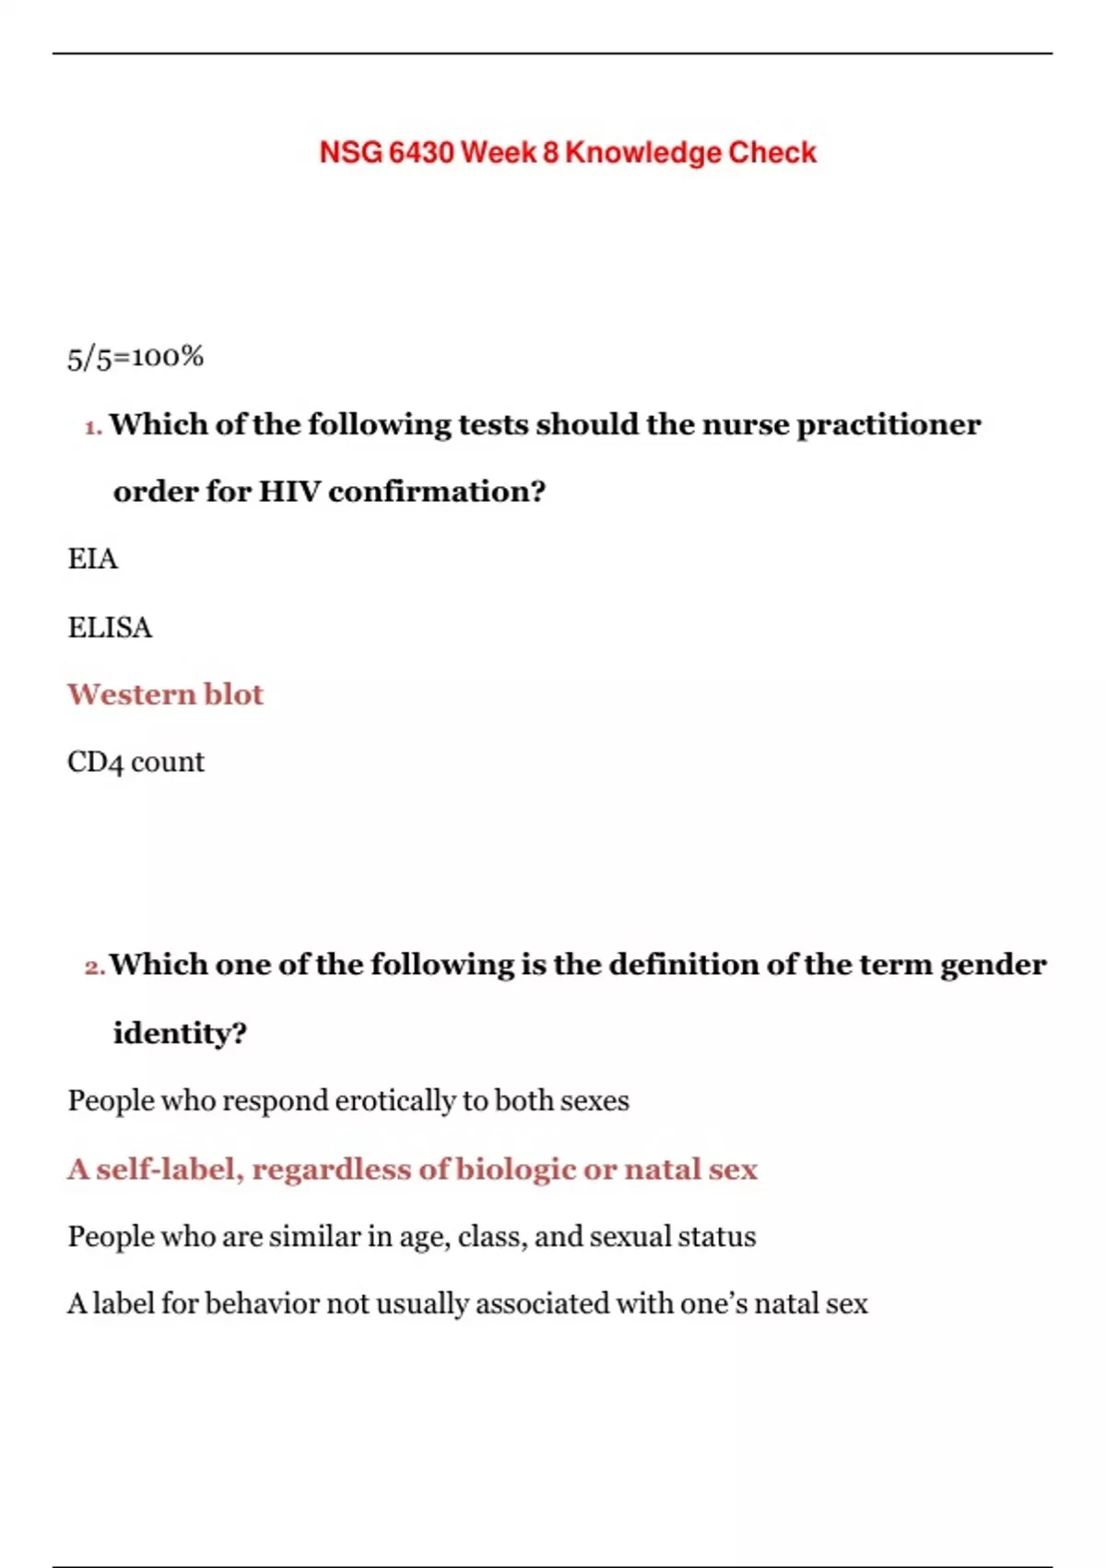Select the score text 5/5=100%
click(135, 357)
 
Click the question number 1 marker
click(92, 427)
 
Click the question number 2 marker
click(94, 968)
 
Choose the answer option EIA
click(92, 559)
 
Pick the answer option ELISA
click(110, 627)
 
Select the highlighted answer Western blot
click(165, 695)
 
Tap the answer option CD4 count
click(135, 762)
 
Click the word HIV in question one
click(288, 492)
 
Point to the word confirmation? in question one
click(437, 492)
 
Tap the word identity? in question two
click(180, 1033)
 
